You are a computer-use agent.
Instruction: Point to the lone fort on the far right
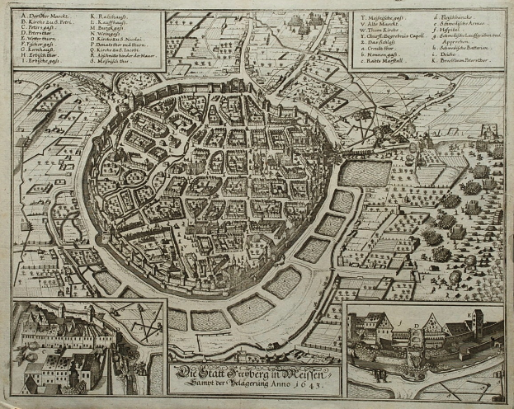[x=488, y=131]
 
